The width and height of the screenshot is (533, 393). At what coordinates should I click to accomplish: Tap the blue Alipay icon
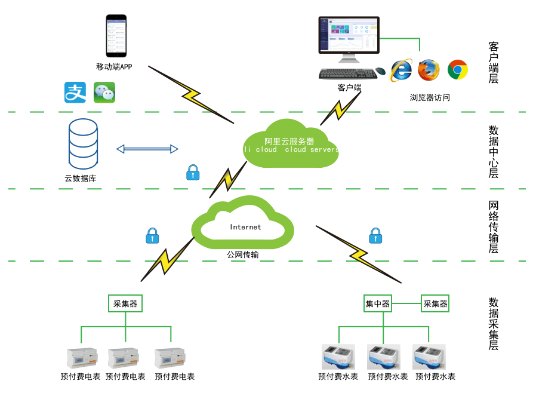(x=75, y=93)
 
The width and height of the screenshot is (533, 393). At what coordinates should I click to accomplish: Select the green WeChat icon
(x=104, y=93)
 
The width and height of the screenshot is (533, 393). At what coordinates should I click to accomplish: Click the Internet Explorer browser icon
(x=401, y=70)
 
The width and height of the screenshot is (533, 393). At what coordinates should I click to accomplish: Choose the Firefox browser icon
(x=429, y=70)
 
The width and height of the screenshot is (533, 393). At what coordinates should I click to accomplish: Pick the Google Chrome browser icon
(x=458, y=70)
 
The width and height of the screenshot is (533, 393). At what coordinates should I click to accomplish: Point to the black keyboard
(x=347, y=73)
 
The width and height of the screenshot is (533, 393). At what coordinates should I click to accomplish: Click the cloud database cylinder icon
(x=83, y=143)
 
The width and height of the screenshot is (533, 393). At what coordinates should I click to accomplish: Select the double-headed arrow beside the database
(x=147, y=149)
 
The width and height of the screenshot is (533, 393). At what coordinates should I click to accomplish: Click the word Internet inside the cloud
(x=245, y=227)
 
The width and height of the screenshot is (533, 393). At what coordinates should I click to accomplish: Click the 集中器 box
(x=377, y=303)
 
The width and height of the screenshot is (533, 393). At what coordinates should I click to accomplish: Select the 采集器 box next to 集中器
(x=435, y=303)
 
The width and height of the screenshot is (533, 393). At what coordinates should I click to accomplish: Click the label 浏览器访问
(x=430, y=97)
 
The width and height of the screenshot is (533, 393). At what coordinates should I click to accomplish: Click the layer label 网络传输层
(x=494, y=228)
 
